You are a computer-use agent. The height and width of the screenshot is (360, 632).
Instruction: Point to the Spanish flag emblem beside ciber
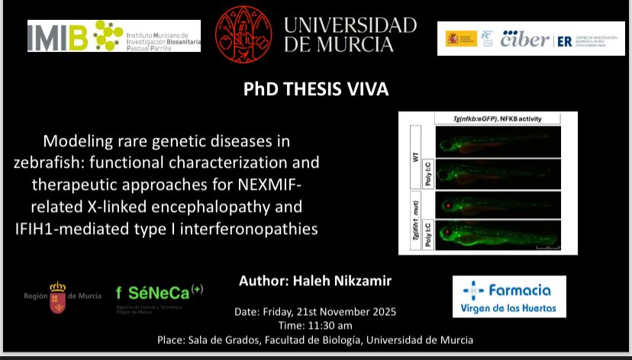[x=461, y=38]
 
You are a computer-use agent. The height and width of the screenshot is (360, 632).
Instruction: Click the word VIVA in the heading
[x=364, y=90]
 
